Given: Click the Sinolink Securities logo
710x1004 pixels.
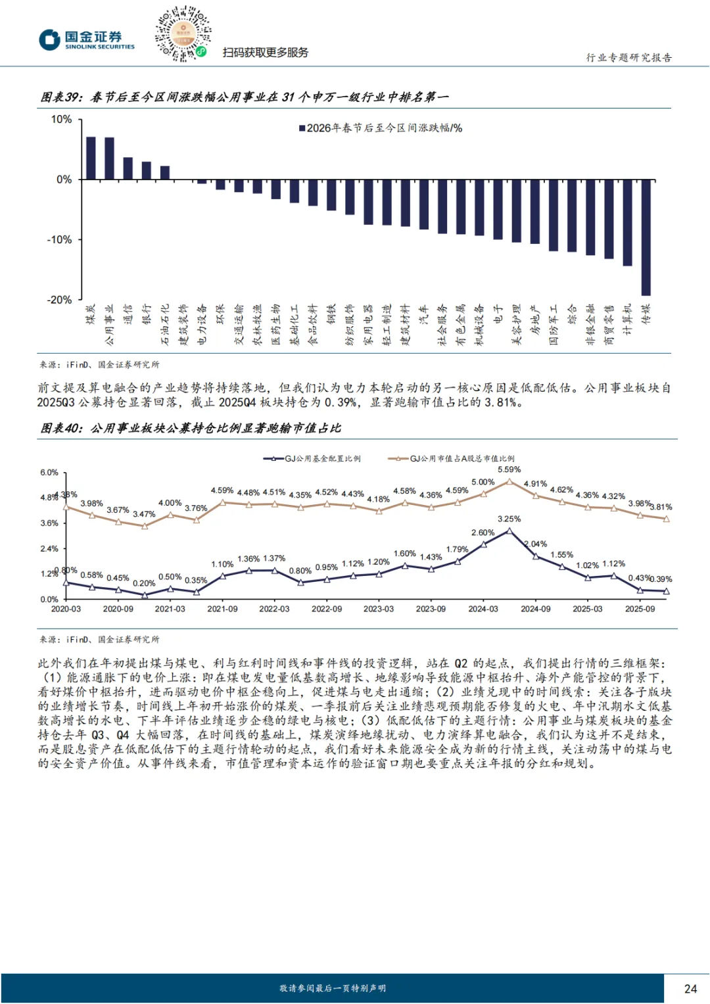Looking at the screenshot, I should coord(86,39).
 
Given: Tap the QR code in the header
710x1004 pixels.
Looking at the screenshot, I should coord(183,34).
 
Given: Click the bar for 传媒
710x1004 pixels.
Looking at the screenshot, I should coord(646,237).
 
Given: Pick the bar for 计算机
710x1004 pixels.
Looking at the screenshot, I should coord(628,222).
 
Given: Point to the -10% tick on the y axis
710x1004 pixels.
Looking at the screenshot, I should coord(59,240).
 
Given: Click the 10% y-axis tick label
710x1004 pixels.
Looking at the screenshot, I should coord(61,120).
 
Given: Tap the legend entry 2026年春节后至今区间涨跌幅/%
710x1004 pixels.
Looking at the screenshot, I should coord(381,128).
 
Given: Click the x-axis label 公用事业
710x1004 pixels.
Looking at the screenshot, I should coord(109,324).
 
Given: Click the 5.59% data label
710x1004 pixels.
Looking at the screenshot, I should coord(509,469).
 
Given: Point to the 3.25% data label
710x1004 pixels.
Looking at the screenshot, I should coord(509,519).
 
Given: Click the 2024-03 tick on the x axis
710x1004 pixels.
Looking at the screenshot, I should coord(483,609).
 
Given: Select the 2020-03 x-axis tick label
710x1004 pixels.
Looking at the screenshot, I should coord(66,609).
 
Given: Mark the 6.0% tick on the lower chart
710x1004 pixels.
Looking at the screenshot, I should coord(49,473).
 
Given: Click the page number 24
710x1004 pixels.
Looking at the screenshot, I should coord(690,988).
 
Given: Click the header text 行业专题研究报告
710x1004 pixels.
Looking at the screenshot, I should coord(628,58).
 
